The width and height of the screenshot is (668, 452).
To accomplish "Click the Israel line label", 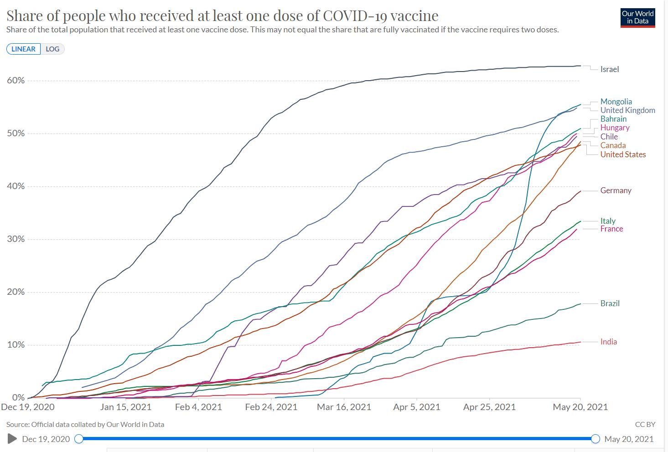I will point(609,69).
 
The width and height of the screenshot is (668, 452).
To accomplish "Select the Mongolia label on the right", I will point(616,102).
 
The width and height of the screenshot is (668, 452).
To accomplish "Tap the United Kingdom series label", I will point(627,110).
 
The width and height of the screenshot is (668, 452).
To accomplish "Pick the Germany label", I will point(616,190).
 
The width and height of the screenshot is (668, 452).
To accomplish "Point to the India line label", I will point(608,342).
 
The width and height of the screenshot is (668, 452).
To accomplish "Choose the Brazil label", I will point(610,303).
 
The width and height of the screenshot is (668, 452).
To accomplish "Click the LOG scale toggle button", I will point(52,49).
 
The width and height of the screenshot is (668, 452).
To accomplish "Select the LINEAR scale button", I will point(23,49).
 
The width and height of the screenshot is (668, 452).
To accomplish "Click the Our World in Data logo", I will point(637,17).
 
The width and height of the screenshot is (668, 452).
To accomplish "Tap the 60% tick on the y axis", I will point(16,81).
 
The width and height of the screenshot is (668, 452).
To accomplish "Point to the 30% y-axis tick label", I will point(16,239).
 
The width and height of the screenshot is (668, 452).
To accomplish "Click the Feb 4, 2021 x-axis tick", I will point(198,407).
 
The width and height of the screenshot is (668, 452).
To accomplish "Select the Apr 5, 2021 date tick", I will point(417,407).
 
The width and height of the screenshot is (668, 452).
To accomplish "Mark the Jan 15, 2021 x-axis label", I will point(126,407).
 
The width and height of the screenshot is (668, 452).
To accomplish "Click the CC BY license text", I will point(645,424).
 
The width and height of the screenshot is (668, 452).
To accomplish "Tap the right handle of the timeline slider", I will point(595,439).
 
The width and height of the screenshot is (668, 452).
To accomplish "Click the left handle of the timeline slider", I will point(79,439).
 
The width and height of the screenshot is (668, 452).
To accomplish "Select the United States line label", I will point(623,154).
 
